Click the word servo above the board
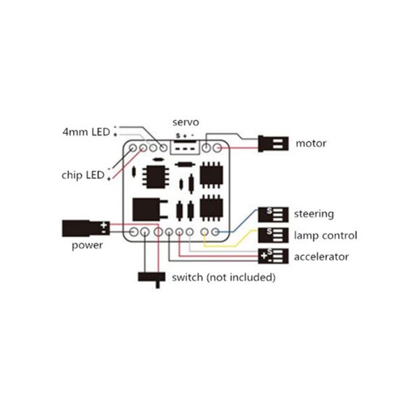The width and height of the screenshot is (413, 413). (x=185, y=122)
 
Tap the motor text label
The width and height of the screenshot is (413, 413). (x=311, y=143)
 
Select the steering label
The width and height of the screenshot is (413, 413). (x=314, y=214)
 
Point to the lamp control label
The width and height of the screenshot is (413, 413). (x=325, y=235)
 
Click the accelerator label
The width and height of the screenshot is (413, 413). (x=321, y=256)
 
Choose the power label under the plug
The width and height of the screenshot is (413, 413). (x=87, y=246)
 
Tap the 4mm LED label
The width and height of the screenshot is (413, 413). (x=86, y=132)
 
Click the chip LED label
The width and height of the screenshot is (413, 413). (x=83, y=175)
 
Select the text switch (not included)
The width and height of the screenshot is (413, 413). (x=224, y=278)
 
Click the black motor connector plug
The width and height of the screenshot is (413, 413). (x=273, y=143)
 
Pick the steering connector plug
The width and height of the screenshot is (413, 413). (x=273, y=214)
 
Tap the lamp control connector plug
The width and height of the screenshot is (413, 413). (x=273, y=235)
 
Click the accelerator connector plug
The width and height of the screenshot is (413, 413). (x=273, y=256)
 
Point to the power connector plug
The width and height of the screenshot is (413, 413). (x=86, y=228)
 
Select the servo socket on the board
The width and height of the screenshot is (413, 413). (x=185, y=148)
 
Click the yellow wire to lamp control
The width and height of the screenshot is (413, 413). (x=229, y=243)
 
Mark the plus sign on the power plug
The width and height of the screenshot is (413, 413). (x=104, y=225)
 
